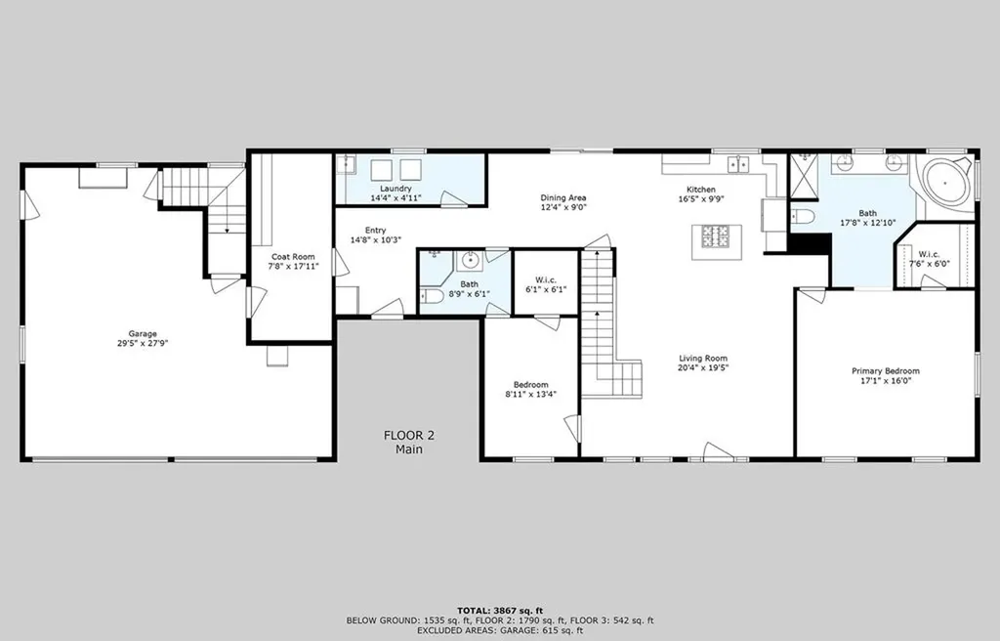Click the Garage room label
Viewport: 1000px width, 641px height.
tap(143, 333)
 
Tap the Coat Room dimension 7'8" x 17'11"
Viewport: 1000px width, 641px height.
tap(293, 266)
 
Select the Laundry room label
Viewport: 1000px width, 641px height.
tap(396, 189)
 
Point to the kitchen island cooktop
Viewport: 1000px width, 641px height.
tap(716, 236)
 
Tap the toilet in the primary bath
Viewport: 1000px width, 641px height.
tap(803, 216)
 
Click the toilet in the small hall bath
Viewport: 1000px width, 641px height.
tap(433, 296)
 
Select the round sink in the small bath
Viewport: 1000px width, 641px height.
tap(470, 261)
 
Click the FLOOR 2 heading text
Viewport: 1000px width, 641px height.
tap(409, 436)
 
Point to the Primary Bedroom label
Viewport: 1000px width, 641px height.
tap(886, 371)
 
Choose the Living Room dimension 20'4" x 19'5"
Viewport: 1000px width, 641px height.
tap(703, 367)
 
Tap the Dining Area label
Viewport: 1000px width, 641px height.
tap(563, 198)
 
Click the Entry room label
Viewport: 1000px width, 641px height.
tap(376, 231)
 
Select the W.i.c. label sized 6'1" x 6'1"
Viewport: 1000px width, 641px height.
tap(546, 280)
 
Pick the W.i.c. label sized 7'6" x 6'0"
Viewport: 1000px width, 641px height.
tap(929, 254)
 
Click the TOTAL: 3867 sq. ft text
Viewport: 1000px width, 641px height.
tap(500, 611)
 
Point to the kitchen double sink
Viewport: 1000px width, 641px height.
tap(738, 165)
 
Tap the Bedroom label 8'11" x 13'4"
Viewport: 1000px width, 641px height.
tap(530, 384)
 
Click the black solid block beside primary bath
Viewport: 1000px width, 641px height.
tap(810, 243)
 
